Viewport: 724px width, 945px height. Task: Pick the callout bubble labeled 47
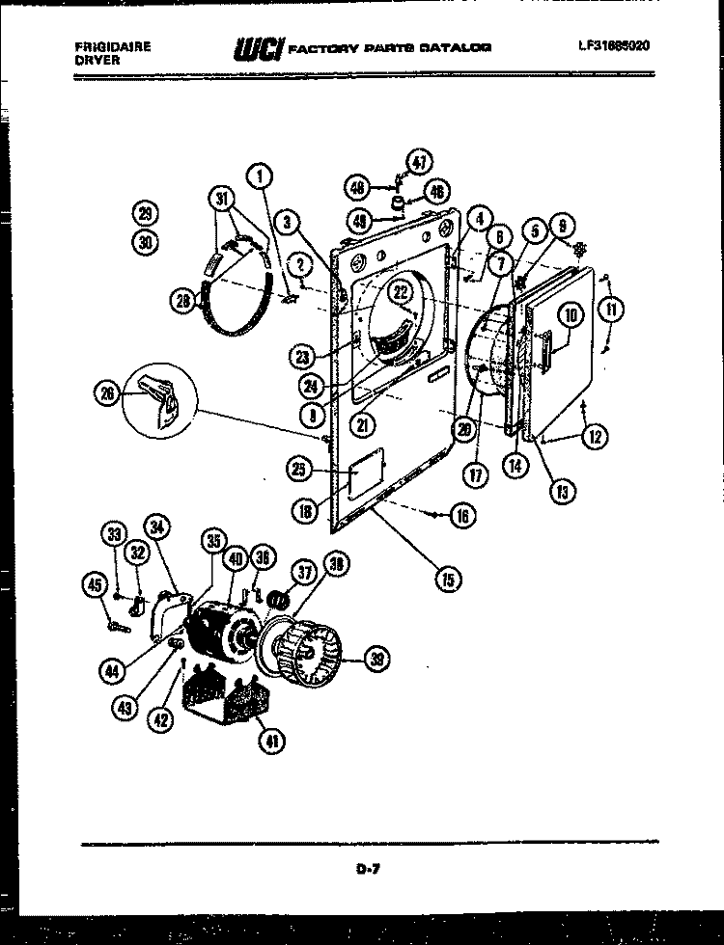click(417, 161)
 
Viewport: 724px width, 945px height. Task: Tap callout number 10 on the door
click(569, 314)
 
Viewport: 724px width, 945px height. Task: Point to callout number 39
click(377, 660)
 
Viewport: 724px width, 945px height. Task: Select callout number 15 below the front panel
click(448, 579)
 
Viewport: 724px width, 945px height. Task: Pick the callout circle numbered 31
click(223, 201)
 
